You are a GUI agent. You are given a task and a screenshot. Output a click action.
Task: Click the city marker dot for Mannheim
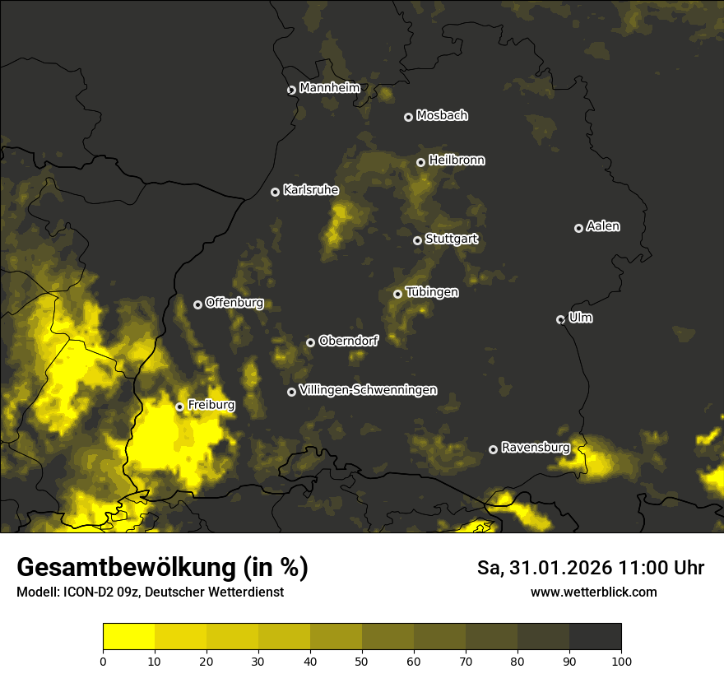(x=291, y=91)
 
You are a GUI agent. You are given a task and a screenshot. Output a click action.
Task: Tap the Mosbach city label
(x=442, y=116)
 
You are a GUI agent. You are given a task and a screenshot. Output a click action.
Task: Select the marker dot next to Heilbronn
(x=420, y=162)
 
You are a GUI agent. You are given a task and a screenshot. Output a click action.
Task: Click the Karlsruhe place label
(x=311, y=190)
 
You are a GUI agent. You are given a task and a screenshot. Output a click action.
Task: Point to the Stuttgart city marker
(x=417, y=240)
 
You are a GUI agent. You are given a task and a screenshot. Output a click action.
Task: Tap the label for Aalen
(x=603, y=226)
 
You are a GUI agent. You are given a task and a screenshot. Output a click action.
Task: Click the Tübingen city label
(x=432, y=292)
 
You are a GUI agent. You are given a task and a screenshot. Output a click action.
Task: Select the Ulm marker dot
(x=560, y=319)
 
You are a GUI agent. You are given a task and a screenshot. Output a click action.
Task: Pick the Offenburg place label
(x=234, y=303)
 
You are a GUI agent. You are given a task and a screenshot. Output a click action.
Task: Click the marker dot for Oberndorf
(x=310, y=342)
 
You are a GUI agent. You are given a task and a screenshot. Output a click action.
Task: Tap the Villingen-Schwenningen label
(x=369, y=390)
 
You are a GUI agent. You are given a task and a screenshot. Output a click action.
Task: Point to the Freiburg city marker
(x=179, y=407)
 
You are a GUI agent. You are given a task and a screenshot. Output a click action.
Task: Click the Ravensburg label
(x=536, y=448)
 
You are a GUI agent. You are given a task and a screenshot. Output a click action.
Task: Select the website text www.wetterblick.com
(x=593, y=592)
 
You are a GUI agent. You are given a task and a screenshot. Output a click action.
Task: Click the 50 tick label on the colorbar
(x=362, y=661)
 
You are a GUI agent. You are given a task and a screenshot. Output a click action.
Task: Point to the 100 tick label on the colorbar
(x=621, y=661)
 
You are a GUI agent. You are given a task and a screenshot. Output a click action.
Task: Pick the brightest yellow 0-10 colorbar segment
(x=128, y=637)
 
